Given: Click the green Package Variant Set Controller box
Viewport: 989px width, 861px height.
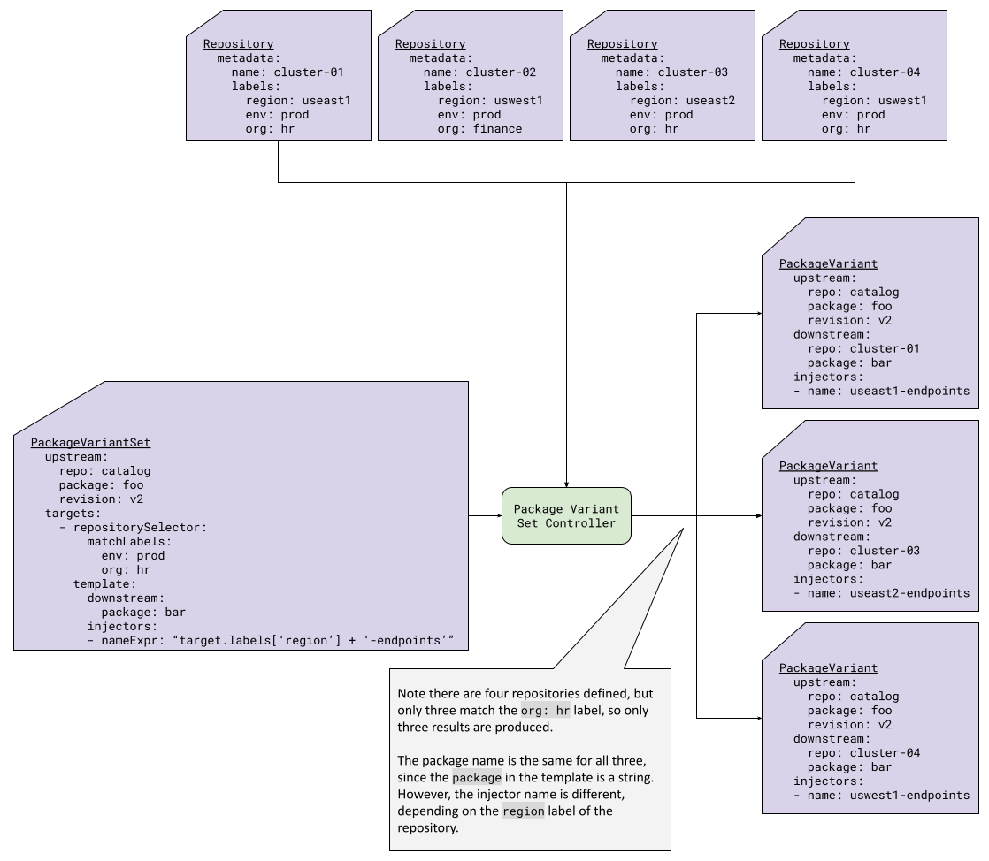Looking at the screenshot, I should point(566,515).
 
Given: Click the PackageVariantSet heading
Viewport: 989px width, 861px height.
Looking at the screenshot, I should point(90,443).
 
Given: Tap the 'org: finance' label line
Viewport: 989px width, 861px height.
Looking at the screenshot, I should point(479,129).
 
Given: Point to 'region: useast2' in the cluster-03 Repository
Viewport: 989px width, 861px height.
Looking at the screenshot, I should point(681,101).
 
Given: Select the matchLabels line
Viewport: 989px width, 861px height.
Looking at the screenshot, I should point(128,542).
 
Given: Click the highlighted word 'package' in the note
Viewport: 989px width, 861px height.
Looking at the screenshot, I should point(477,778).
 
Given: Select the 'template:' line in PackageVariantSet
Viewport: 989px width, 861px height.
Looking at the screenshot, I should point(104,584).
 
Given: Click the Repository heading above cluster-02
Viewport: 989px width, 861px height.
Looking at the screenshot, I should point(430,44).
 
